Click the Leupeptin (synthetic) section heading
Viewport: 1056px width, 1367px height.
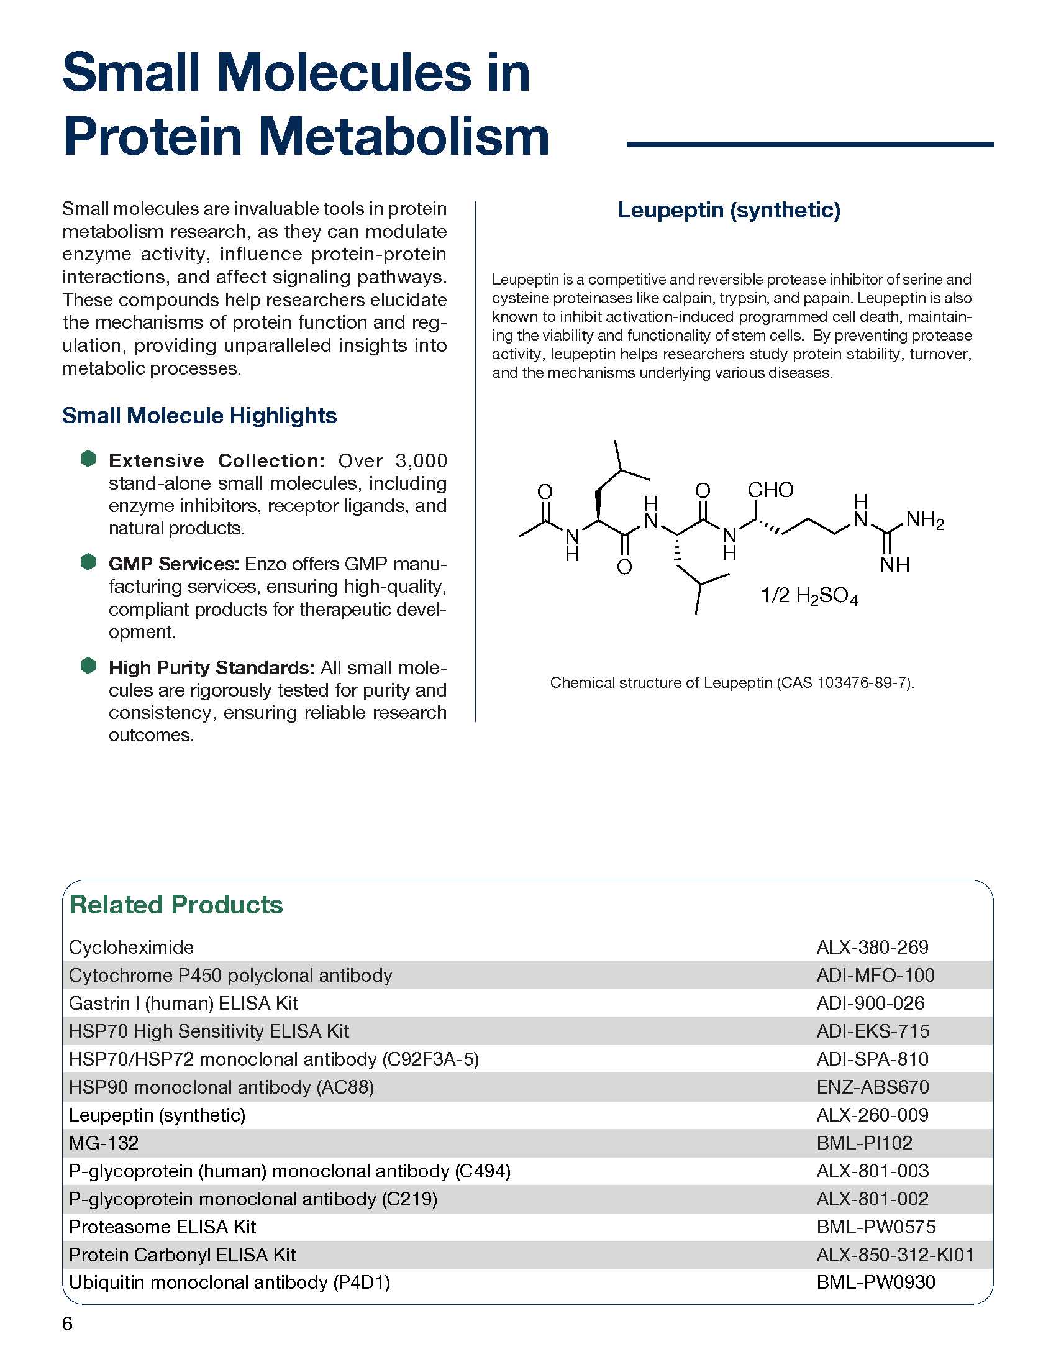pos(729,210)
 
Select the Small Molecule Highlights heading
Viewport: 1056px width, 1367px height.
pos(199,416)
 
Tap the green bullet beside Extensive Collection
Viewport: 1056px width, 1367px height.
pos(88,459)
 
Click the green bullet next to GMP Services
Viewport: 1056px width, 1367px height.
pos(88,562)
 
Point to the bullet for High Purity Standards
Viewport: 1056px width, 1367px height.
pos(88,665)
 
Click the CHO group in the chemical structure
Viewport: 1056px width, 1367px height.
pos(770,490)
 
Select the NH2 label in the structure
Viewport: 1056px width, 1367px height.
pos(924,520)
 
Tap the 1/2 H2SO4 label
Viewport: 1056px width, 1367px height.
pos(808,595)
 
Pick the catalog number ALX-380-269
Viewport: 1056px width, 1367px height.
pos(872,947)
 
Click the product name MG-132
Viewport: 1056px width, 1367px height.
pos(103,1143)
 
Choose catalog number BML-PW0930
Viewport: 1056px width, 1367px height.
pos(876,1282)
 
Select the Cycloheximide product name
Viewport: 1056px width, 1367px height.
pos(131,947)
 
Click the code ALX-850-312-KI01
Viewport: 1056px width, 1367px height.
pos(895,1255)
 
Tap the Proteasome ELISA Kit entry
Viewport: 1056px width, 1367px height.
pos(163,1227)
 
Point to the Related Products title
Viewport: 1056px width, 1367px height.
pos(176,905)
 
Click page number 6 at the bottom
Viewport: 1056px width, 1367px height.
pos(67,1324)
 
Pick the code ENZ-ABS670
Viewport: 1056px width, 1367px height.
pos(873,1087)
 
